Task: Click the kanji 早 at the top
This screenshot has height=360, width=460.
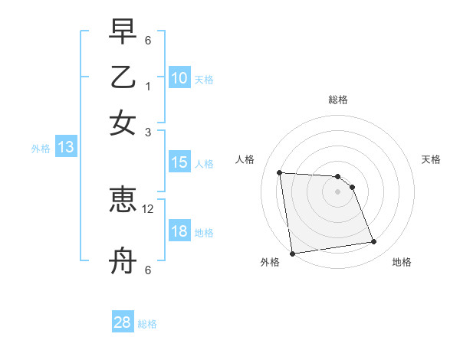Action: tap(123, 31)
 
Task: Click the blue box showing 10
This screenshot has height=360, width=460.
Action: tap(179, 77)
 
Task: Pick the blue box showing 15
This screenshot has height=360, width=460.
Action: tap(179, 162)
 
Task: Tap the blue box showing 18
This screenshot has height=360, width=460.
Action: tap(179, 231)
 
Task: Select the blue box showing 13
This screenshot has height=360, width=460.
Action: tap(65, 147)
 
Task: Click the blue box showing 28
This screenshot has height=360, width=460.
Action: tap(123, 322)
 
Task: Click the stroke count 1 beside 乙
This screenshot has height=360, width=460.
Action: tap(148, 86)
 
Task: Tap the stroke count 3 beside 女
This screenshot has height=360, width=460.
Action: tap(148, 132)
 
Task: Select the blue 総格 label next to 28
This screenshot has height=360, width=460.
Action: tap(147, 324)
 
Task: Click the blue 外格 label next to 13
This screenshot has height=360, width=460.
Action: tap(41, 149)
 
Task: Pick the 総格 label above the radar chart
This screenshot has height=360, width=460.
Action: tap(337, 100)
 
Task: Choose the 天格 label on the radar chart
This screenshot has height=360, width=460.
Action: tap(432, 159)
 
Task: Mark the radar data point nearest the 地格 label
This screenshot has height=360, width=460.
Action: tap(373, 242)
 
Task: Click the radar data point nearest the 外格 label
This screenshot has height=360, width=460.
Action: tap(292, 253)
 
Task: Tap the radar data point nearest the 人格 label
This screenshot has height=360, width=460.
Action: tap(280, 172)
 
